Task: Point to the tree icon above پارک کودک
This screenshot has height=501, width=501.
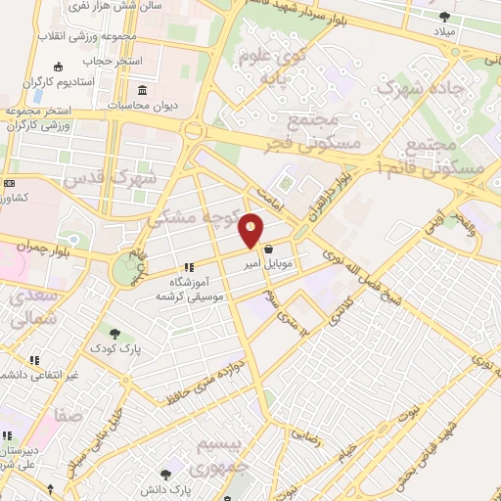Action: point(116,335)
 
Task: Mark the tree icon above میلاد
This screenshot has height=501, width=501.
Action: point(445,17)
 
